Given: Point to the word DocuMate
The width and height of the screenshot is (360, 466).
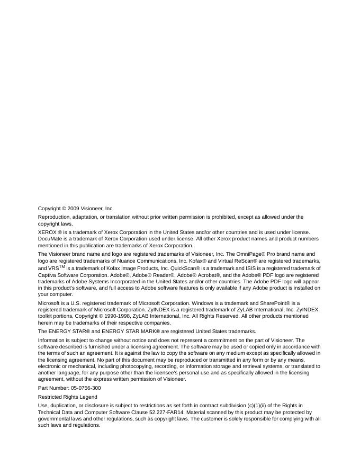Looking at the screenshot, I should tap(50, 239).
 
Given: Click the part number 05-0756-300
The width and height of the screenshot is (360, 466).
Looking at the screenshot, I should tap(83, 388).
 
